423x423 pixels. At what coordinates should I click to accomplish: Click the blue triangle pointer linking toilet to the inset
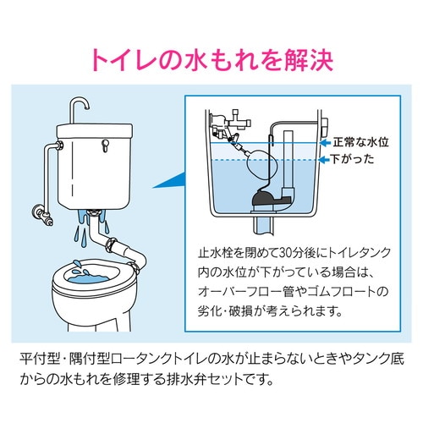170,179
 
